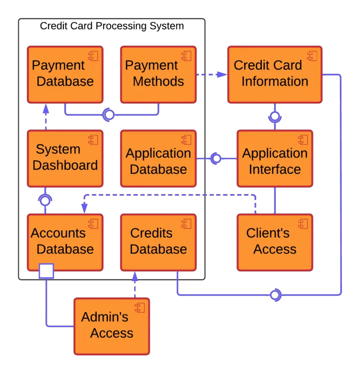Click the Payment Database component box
pos(65,74)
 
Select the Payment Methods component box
pos(158,74)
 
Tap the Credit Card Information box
pos(274,74)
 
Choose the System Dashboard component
pos(65,158)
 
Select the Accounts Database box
pos(65,242)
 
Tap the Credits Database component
pos(158,242)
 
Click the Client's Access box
pos(274,242)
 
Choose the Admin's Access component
pos(112,326)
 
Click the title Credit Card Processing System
pos(112,26)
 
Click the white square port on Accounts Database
pos(46,271)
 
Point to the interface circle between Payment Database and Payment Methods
pos(109,114)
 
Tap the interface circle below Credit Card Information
pos(275,116)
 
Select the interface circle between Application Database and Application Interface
pos(216,159)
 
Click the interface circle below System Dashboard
pos(45,201)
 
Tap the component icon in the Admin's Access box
pos(139,307)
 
